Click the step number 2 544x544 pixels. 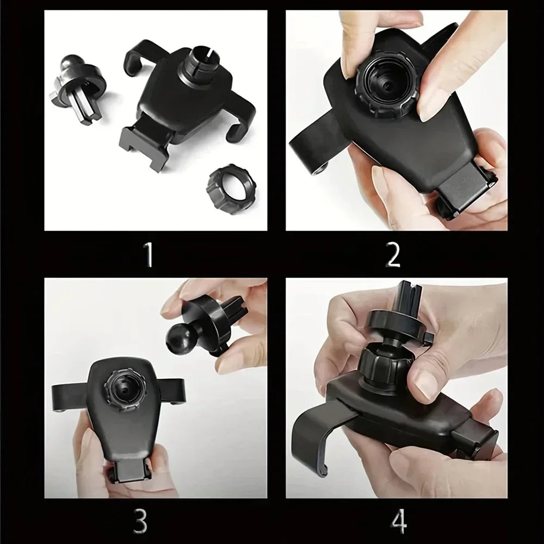pos(393,254)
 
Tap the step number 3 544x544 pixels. pos(140,522)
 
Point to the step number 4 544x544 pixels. pos(399,521)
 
